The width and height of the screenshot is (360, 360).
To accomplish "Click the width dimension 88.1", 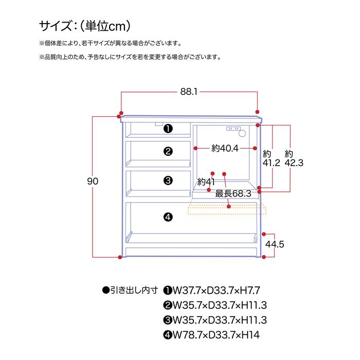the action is (189, 92).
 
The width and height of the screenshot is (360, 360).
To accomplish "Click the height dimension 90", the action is (93, 182).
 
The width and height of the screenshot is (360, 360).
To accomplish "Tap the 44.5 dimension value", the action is (275, 244).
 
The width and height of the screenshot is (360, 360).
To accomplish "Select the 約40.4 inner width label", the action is (225, 148).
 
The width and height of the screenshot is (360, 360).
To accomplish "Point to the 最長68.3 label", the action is (233, 194).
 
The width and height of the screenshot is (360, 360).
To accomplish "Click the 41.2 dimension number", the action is (272, 163).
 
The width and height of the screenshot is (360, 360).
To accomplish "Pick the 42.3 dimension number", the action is (294, 163).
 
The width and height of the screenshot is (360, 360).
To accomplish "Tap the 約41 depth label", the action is (206, 182).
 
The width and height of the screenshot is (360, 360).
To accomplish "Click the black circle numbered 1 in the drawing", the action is (168, 129).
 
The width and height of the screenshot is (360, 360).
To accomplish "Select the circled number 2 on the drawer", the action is (168, 151).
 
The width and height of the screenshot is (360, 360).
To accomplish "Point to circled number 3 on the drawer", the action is (168, 181).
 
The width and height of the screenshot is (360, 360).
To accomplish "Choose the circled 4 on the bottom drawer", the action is (168, 217).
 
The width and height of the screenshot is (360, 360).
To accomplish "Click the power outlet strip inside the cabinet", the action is (233, 129).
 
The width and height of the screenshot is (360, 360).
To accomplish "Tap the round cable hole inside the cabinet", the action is (242, 133).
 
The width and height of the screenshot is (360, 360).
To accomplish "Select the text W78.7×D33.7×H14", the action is (216, 335).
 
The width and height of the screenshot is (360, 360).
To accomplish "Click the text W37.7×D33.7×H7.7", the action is (217, 291).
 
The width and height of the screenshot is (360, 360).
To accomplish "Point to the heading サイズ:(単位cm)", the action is (85, 26).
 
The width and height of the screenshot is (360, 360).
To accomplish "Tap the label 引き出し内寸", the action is (134, 290).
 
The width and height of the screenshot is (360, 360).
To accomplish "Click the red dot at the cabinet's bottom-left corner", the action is (120, 257).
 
